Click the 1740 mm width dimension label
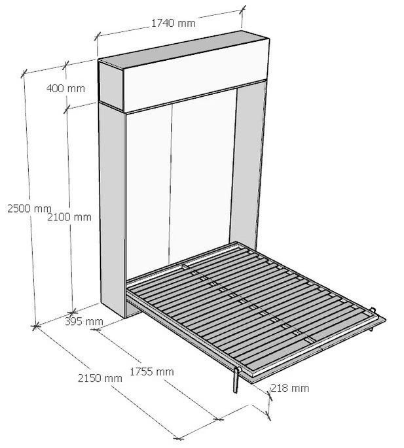point(173,23)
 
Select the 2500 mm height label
point(24,208)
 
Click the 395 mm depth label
point(84,321)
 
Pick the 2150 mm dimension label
point(100,378)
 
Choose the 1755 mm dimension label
point(151,371)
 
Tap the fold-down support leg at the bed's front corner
point(234,382)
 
